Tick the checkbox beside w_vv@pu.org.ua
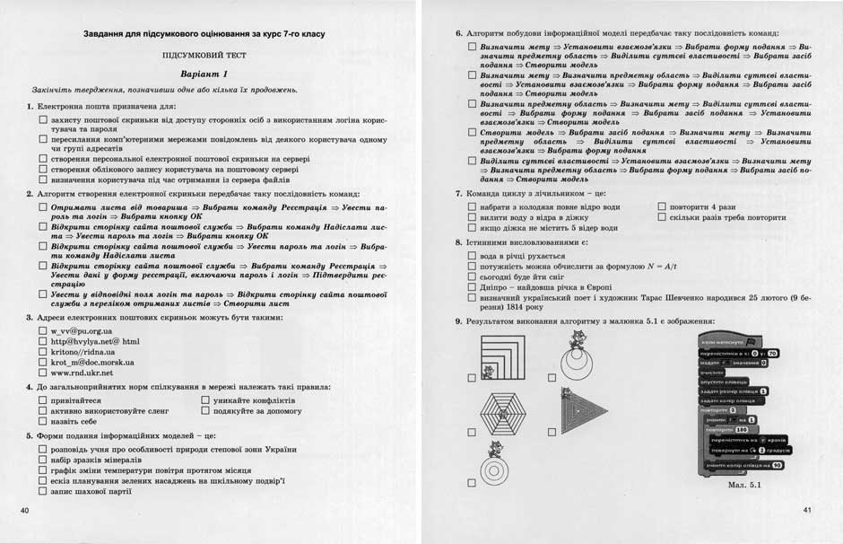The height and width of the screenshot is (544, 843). point(43,330)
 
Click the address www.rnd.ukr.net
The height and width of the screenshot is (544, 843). point(82,372)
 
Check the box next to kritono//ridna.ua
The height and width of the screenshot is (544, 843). point(43,351)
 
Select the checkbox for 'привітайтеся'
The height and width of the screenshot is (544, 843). point(43,400)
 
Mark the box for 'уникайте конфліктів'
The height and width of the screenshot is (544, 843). point(205,400)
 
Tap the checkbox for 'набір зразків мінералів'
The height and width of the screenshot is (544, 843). point(43,460)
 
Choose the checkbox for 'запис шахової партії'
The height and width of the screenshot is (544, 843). point(43,492)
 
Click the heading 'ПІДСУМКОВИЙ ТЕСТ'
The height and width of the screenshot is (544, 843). point(204,55)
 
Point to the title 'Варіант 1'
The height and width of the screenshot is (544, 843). point(204,74)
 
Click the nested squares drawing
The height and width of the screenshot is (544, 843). point(505,356)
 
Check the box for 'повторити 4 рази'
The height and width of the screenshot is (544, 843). point(662,206)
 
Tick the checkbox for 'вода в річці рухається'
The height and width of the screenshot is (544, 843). point(472,256)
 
